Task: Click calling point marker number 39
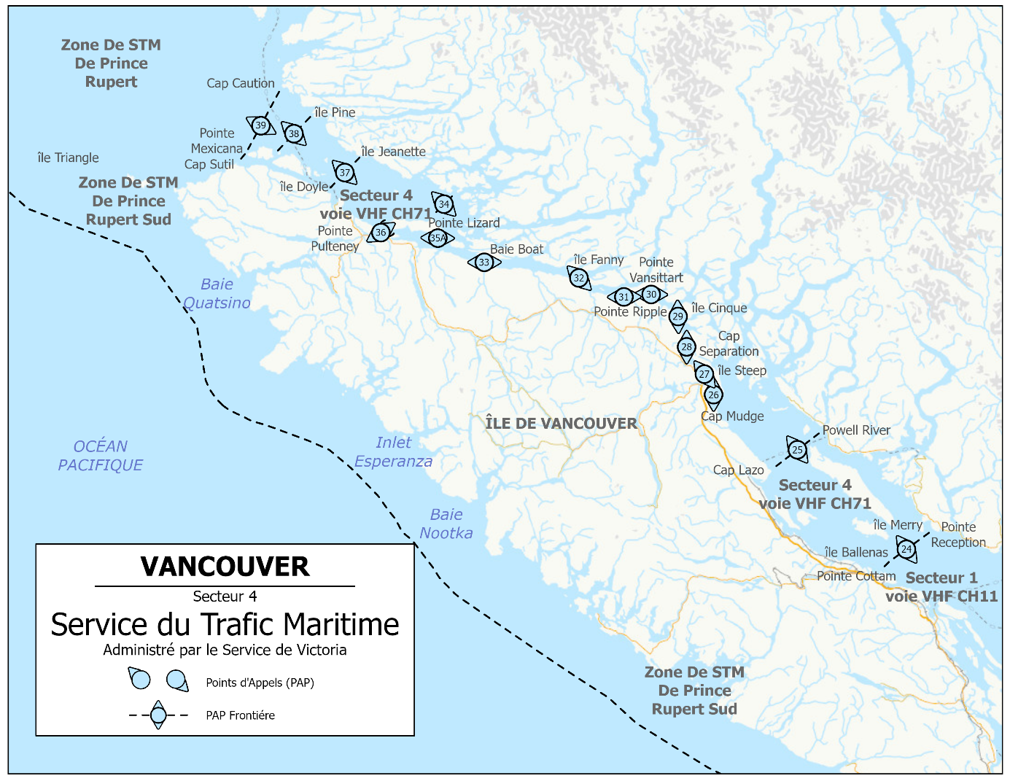[260, 125]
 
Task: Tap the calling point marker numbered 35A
[437, 238]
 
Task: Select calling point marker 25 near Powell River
[797, 450]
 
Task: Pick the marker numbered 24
[906, 549]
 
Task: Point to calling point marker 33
[484, 263]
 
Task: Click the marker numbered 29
[678, 316]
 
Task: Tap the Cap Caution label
[241, 83]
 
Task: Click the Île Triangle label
[68, 158]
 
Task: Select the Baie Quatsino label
[217, 294]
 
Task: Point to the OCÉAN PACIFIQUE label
[101, 456]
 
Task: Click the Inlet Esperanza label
[393, 452]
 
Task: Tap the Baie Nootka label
[446, 524]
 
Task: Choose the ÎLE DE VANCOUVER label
[561, 423]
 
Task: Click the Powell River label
[856, 430]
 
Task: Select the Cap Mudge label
[732, 416]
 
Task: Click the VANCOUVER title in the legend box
[225, 567]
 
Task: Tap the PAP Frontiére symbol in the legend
[158, 715]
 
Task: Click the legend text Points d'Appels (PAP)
[260, 683]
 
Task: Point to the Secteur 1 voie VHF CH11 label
[941, 587]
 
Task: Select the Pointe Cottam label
[856, 576]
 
